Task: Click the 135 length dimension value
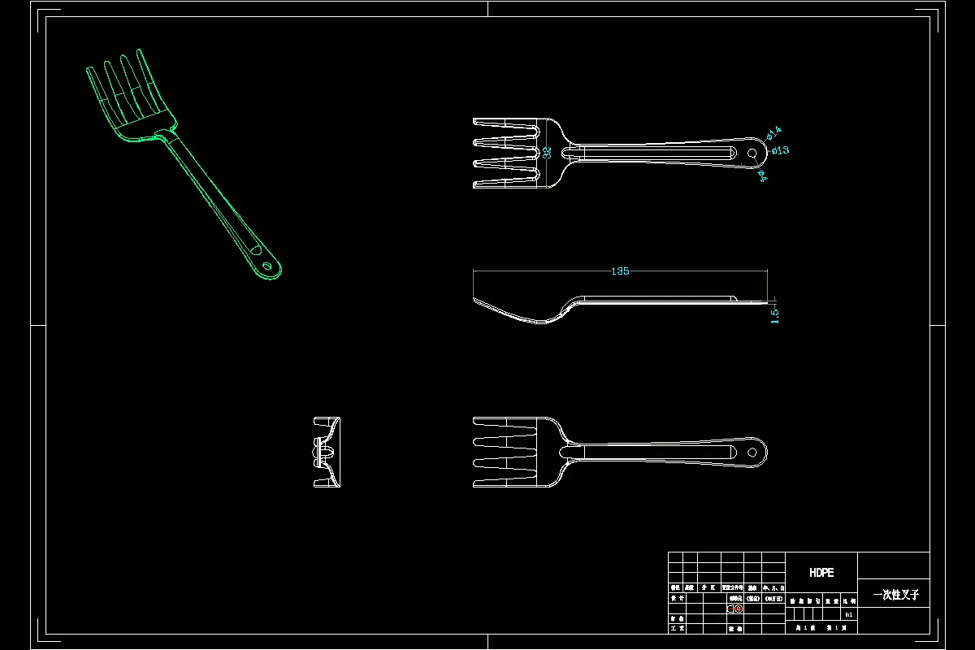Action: coord(620,271)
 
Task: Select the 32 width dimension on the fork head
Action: coord(548,152)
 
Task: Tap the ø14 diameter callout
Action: coord(773,131)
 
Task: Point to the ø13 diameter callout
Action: coord(780,150)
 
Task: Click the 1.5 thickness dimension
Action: coord(774,315)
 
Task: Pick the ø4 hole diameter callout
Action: coord(763,175)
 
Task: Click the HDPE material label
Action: coord(821,573)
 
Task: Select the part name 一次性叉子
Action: coord(895,595)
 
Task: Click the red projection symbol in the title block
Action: coord(735,608)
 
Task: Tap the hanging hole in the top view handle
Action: coord(752,151)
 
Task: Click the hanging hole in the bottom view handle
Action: coord(752,453)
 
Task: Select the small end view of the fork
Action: coord(327,453)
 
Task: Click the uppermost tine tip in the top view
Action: coord(476,123)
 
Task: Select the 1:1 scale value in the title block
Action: coord(848,615)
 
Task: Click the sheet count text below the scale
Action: coord(821,628)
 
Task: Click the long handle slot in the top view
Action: coord(658,152)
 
